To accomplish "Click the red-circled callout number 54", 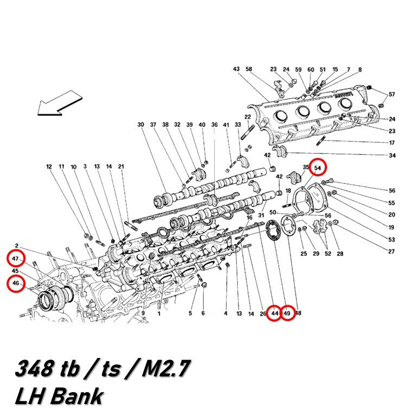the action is pos(317,168).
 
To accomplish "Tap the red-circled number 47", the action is pos(15,259).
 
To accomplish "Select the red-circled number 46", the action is pos(16,283).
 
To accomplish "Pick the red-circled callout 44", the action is pos(274,313).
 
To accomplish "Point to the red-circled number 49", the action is pos(287,313).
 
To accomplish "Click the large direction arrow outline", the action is pos(60,103).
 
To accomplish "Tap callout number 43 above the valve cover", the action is pos(236,69).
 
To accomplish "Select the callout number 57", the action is pos(392,94).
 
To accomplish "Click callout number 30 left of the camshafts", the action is pos(140,125).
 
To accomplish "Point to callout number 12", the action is pos(49,166).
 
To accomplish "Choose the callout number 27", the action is pos(391,251).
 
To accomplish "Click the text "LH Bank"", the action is pos(59,396).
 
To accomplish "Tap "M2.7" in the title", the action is pos(166,368).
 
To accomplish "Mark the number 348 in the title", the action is pos(34,368).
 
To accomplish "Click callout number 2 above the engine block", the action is pos(17,246).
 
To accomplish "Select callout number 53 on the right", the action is pos(392,239).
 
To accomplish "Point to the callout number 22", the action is pos(248,117).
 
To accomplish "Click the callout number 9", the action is pos(143,313).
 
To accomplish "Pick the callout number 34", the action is pos(392,155).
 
